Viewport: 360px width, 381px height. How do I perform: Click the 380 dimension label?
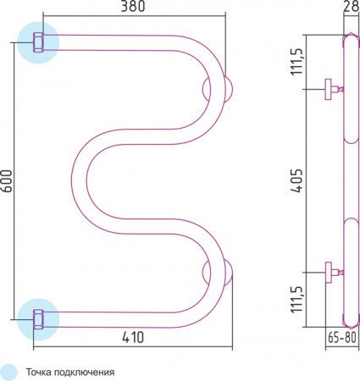(x=133, y=7)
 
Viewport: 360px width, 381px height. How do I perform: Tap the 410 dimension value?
(x=133, y=338)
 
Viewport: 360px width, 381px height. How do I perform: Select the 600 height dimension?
(x=7, y=181)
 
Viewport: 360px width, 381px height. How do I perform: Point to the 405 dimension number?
(x=296, y=180)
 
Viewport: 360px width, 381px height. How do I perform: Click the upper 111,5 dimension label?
(x=296, y=62)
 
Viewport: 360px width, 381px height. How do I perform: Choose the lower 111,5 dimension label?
(x=296, y=300)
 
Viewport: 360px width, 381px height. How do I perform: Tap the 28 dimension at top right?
(x=351, y=6)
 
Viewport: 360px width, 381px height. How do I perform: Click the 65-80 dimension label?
(x=342, y=337)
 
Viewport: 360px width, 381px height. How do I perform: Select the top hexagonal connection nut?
(x=38, y=42)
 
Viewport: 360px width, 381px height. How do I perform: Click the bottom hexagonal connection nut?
(x=38, y=319)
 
